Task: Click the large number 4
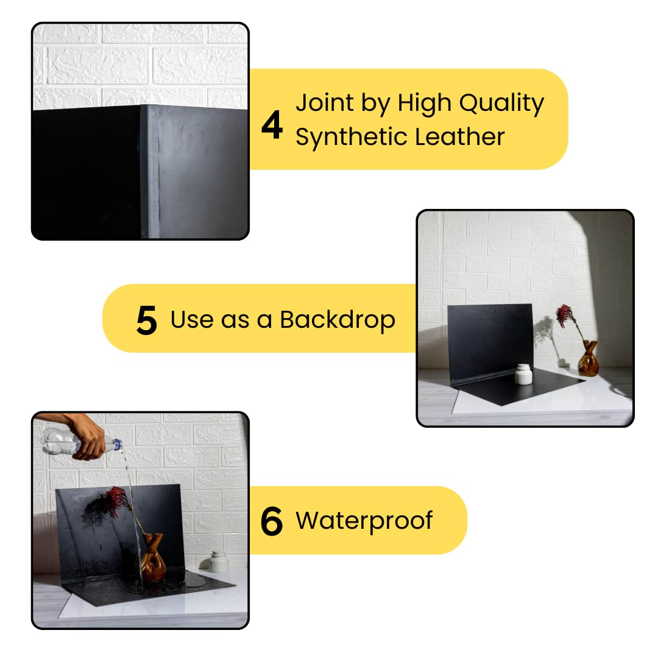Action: (x=272, y=125)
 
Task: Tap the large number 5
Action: (x=147, y=320)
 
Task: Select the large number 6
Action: (x=272, y=521)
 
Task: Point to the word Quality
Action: (x=501, y=104)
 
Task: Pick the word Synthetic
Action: (x=349, y=138)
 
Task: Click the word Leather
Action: (x=459, y=137)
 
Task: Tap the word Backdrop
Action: (x=338, y=320)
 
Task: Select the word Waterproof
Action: (x=364, y=522)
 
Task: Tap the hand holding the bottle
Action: (x=84, y=436)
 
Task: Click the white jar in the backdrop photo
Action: (x=523, y=374)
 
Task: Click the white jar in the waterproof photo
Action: (x=219, y=562)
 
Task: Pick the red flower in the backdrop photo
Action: (x=565, y=316)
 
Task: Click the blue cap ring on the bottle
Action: (x=118, y=444)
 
